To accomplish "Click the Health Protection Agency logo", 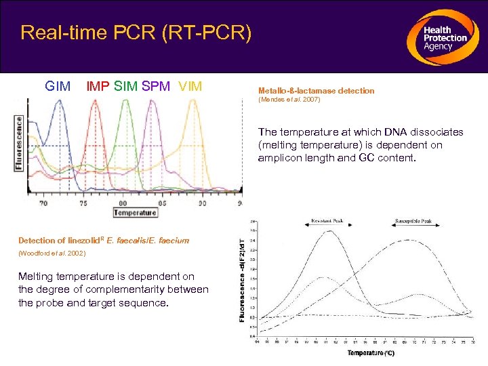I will [441, 37].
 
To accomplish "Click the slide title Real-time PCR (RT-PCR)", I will [136, 33].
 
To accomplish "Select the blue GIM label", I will [58, 86].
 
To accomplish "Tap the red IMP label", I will [98, 86].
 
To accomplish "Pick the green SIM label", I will [126, 86].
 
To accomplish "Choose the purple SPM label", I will [157, 86].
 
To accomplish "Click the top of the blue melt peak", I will [60, 102].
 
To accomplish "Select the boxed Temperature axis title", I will [135, 212].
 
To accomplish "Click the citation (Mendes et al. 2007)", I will [289, 100].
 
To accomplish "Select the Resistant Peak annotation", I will [327, 222].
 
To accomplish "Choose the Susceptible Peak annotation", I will [418, 222].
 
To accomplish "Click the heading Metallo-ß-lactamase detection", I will [316, 90].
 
